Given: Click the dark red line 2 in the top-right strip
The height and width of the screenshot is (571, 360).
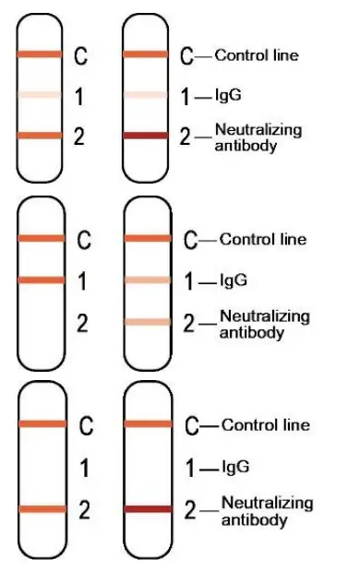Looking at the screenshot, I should tap(146, 136).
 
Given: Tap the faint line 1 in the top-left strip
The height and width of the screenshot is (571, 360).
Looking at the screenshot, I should tap(40, 94).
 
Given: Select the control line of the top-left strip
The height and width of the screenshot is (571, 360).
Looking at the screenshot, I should tap(40, 55).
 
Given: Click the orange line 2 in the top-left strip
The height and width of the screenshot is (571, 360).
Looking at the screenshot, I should tap(40, 136).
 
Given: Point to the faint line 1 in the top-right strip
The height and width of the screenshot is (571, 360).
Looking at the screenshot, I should tap(146, 94).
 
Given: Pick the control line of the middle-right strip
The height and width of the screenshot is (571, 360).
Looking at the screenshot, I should tap(148, 239).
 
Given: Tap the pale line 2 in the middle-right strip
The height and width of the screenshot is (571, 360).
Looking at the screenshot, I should tap(148, 322).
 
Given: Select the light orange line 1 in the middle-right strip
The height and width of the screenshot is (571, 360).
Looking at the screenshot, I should tap(148, 279).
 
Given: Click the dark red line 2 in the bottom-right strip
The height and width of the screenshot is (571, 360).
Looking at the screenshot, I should tap(148, 508).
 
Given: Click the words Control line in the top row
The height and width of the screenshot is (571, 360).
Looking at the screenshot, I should tap(256, 55).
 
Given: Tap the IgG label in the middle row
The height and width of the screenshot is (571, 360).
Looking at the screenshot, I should tap(234, 280).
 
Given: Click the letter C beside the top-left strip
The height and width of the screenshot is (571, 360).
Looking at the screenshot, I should tap(80, 57).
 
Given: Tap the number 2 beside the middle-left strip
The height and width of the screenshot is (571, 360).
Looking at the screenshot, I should tap(83, 323).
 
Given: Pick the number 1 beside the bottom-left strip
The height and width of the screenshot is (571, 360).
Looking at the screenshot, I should tap(85, 469).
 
